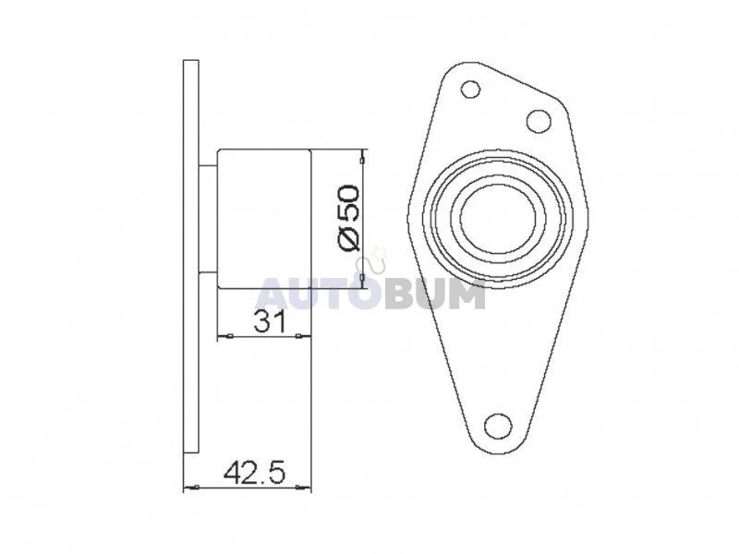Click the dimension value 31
click(x=270, y=322)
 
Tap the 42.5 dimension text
click(x=255, y=473)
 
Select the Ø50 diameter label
click(x=349, y=218)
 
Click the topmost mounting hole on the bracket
click(x=470, y=89)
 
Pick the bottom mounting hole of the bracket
click(x=498, y=427)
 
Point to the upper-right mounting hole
click(x=539, y=121)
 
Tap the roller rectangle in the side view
click(x=264, y=219)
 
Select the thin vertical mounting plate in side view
click(x=191, y=257)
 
